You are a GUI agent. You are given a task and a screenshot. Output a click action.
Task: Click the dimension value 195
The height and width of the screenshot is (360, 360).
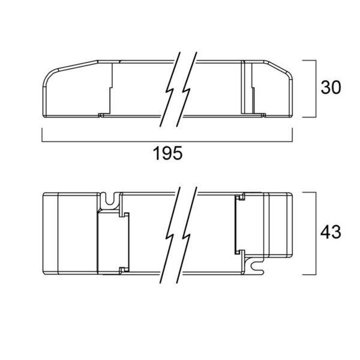(167, 154)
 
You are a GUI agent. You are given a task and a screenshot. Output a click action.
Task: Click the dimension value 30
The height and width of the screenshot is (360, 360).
(331, 87)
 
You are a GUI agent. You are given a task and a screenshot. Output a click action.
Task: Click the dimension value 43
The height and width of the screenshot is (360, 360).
(331, 232)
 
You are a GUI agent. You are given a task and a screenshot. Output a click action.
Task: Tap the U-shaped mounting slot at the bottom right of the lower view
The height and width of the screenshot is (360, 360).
(254, 266)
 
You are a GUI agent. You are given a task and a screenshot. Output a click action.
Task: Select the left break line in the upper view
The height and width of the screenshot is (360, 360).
(170, 89)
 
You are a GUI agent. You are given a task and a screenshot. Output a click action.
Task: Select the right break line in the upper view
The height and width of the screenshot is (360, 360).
(187, 89)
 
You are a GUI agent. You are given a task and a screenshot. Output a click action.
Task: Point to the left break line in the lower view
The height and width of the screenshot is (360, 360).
(170, 235)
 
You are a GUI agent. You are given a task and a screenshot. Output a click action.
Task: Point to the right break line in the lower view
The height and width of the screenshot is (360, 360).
(187, 235)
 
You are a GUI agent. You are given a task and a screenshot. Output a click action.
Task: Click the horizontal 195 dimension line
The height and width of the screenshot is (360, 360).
(167, 142)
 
